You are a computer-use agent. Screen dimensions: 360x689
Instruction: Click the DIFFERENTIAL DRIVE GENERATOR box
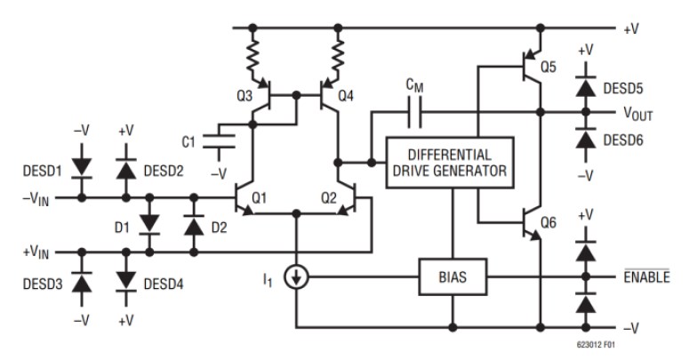[449, 163]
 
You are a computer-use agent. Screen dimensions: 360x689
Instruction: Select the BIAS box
[454, 278]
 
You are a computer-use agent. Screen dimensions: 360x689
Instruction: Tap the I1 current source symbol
[296, 278]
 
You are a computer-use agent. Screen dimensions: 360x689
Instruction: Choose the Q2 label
[328, 199]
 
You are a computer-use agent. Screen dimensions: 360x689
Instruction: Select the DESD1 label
[42, 169]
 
